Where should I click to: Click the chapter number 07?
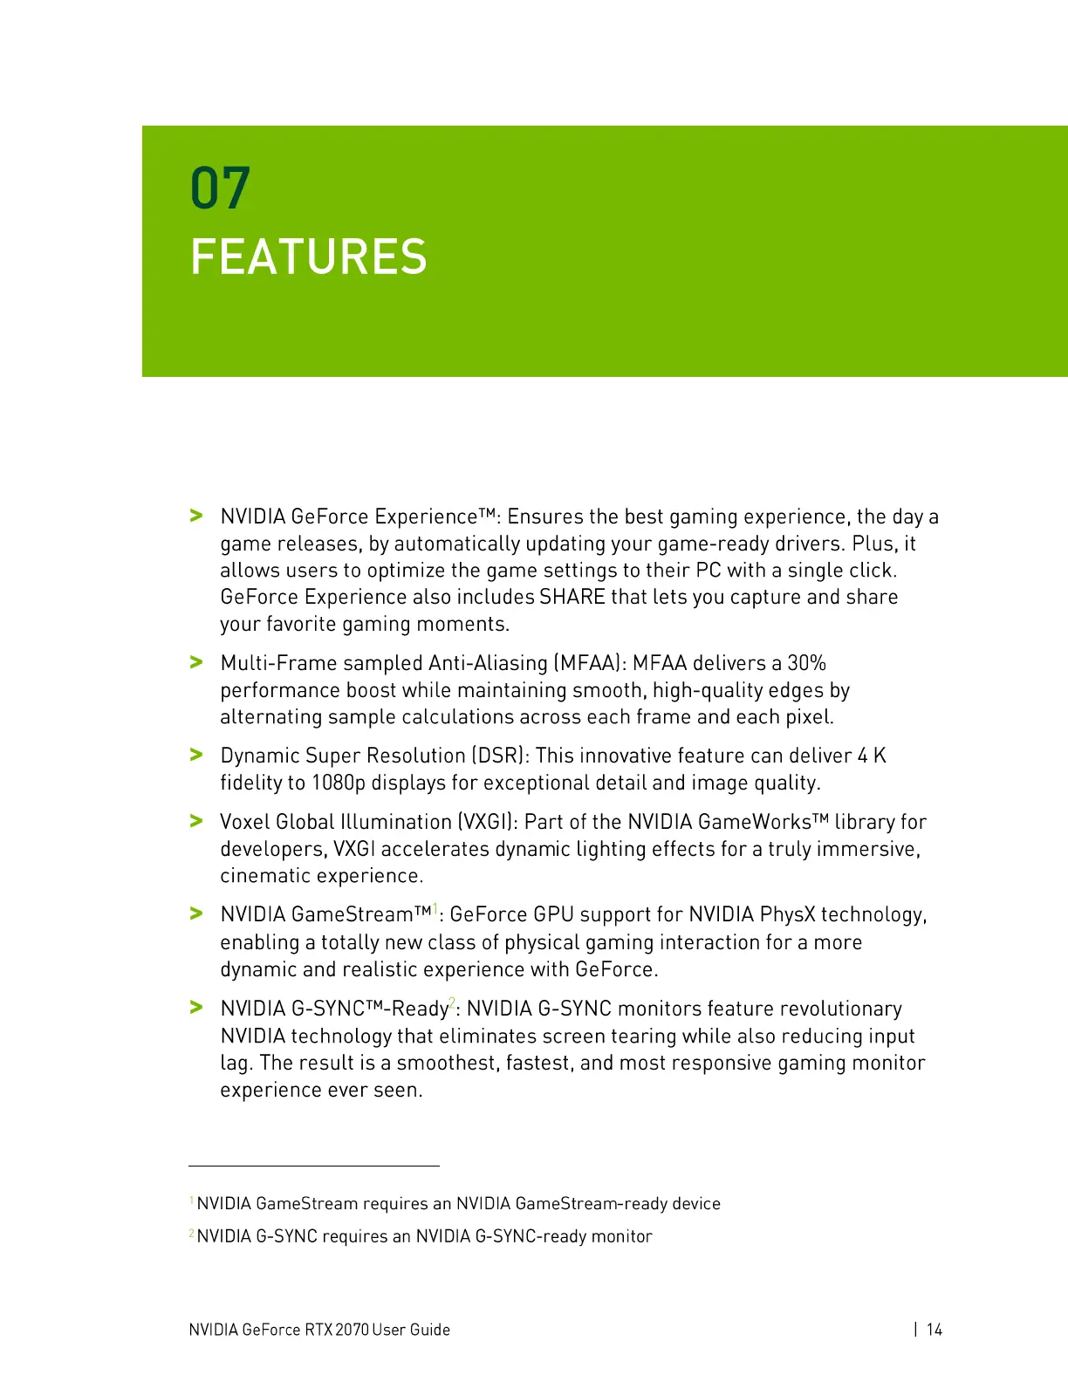(220, 188)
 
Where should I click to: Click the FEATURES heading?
(308, 257)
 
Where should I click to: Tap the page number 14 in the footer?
(934, 1330)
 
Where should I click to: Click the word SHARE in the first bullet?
(572, 598)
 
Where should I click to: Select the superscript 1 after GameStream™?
(435, 909)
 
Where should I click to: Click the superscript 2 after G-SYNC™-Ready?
(452, 1002)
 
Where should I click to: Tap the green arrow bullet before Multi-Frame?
(196, 662)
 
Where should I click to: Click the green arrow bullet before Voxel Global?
(196, 821)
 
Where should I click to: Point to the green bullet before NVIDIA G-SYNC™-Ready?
(196, 1008)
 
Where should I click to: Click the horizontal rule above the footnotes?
(314, 1166)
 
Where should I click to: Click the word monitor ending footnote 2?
(621, 1236)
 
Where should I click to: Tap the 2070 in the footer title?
(352, 1330)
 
